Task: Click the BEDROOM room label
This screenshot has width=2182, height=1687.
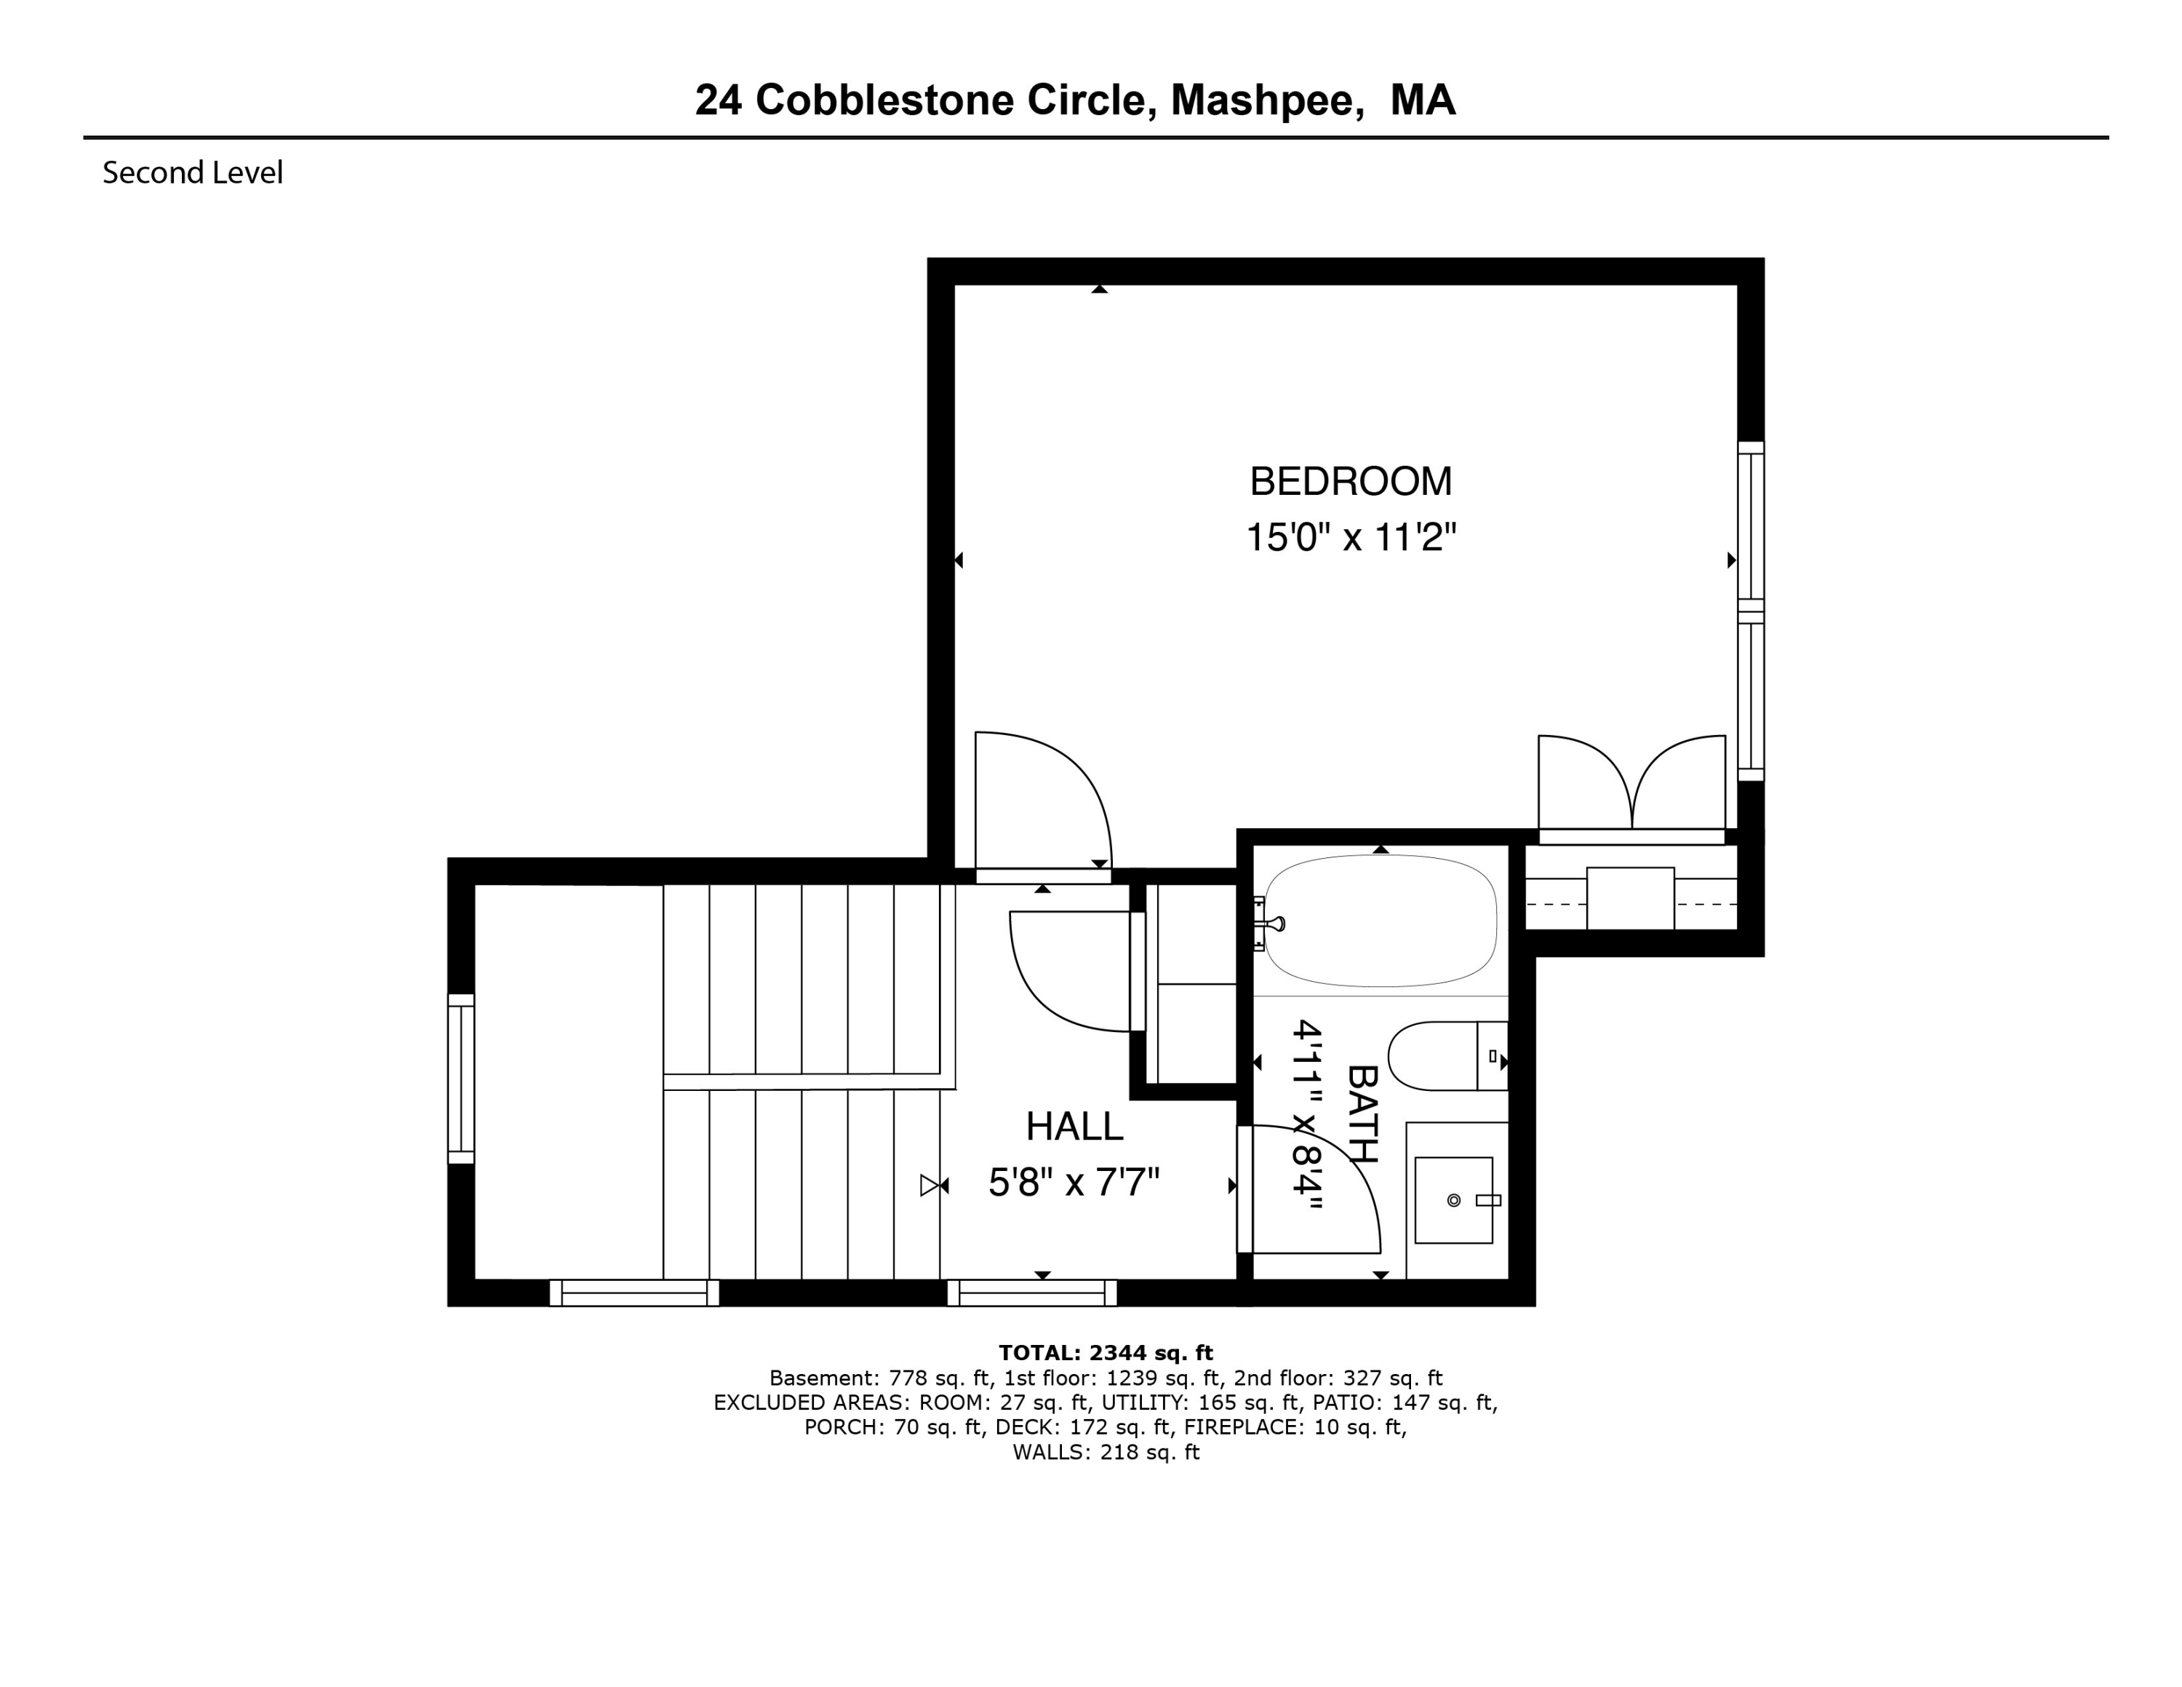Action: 1350,482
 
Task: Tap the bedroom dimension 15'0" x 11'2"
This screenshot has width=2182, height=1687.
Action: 1350,539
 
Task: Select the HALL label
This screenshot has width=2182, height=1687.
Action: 1074,1127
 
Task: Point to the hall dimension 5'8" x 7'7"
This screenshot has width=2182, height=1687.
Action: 1074,1183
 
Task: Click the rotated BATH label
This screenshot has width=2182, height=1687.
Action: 1363,1114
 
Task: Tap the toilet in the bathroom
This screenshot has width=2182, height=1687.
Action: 1444,1055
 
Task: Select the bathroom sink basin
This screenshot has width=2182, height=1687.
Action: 1454,1200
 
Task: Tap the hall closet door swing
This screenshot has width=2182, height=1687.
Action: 1069,969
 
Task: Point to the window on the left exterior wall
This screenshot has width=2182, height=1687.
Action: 460,1079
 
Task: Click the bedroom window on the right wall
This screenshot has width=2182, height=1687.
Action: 1751,611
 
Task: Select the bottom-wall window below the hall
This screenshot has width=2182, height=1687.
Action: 1032,1293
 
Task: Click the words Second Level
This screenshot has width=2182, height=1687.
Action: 193,173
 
